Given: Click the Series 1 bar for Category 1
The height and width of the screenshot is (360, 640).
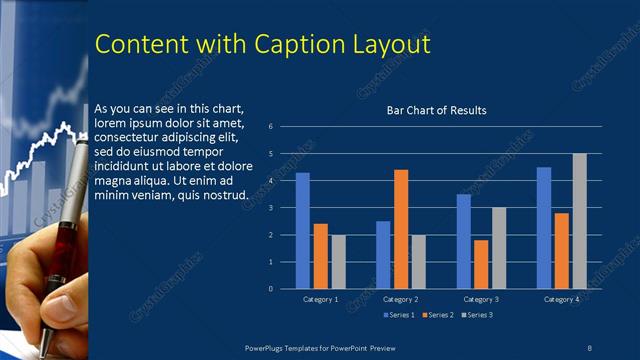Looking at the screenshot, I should [302, 231].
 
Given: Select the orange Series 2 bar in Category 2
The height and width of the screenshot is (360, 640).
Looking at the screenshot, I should [401, 229].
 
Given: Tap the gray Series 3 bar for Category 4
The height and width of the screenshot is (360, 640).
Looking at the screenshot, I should [579, 221].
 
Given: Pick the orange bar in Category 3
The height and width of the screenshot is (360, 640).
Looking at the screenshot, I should [481, 264].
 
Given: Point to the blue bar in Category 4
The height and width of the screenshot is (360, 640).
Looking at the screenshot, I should [544, 228].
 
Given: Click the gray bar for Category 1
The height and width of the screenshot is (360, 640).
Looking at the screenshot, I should [338, 262].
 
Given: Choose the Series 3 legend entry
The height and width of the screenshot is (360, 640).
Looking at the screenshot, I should [477, 315].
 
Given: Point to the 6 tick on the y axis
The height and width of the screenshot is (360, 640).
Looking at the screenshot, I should [270, 127].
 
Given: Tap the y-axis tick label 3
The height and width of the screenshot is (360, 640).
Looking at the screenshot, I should [270, 208].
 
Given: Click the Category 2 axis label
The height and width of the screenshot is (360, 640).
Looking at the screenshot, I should [400, 299].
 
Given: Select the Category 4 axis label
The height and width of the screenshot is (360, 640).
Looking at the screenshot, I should [561, 299].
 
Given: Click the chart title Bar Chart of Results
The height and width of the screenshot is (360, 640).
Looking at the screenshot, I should [436, 110].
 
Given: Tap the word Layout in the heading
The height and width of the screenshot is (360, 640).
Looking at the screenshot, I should [396, 45].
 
